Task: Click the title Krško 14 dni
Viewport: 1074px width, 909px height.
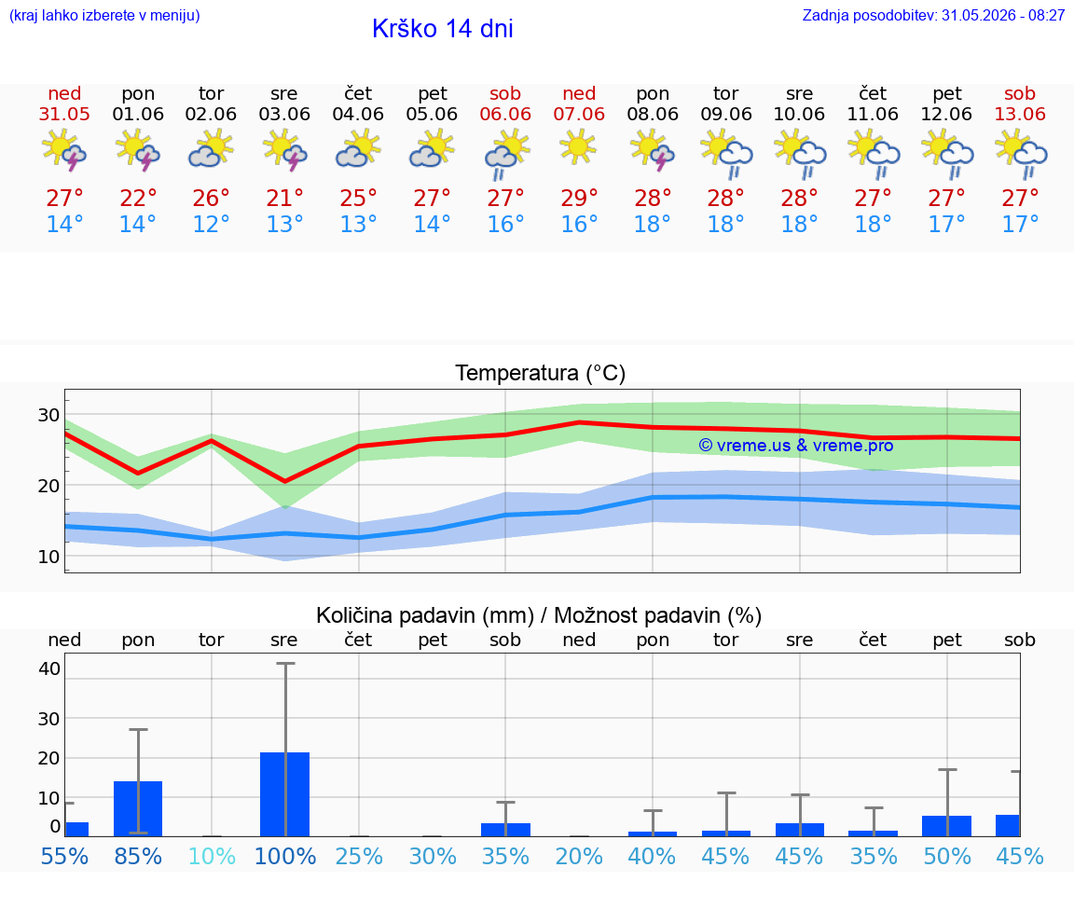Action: click(x=443, y=29)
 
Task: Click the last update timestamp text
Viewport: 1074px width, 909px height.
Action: click(x=933, y=16)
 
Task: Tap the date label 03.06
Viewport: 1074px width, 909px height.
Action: click(x=284, y=114)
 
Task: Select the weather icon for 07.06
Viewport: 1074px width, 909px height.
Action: click(x=578, y=147)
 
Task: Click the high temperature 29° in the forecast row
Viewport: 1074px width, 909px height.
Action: click(x=580, y=199)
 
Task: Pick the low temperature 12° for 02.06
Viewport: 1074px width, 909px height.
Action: click(x=211, y=225)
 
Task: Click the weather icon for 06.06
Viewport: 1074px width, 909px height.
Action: click(x=506, y=155)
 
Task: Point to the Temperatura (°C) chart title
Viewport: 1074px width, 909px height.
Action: click(x=541, y=373)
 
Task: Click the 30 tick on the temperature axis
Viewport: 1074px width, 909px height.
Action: click(x=48, y=415)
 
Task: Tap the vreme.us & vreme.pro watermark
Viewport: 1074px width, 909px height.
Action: click(x=796, y=446)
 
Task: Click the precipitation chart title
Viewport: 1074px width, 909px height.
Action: click(x=539, y=615)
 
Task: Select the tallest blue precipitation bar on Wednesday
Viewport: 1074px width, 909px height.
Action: click(x=285, y=794)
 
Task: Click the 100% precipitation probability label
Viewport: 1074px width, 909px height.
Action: click(x=285, y=856)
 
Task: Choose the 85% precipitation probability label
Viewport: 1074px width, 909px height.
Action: click(x=138, y=856)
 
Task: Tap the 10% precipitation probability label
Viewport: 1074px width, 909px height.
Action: click(x=212, y=856)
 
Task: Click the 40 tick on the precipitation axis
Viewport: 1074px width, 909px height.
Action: click(x=49, y=669)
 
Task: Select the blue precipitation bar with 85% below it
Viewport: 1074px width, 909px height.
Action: click(x=138, y=809)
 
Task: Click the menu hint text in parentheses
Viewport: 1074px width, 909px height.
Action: click(x=104, y=16)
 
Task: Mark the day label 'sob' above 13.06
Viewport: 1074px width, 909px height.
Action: click(x=1020, y=94)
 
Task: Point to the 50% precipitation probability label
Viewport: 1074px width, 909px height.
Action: click(x=947, y=856)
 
